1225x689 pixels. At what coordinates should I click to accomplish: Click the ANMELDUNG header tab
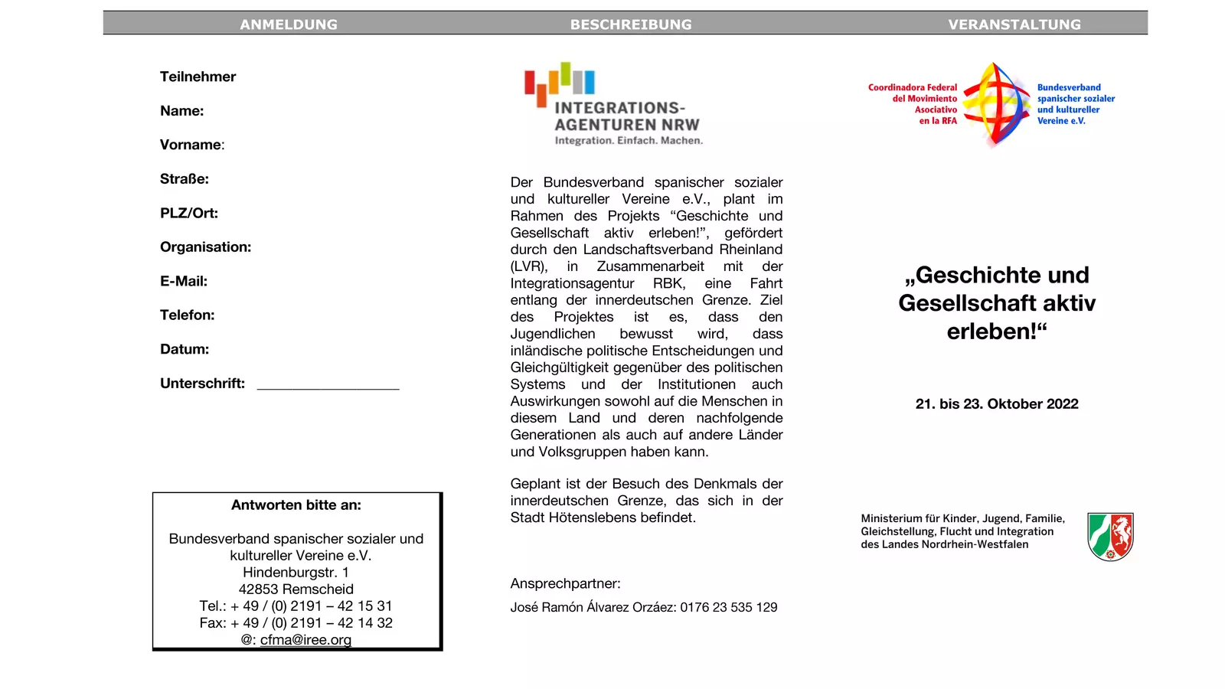pyautogui.click(x=289, y=24)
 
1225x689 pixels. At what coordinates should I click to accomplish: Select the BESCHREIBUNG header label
pyautogui.click(x=631, y=24)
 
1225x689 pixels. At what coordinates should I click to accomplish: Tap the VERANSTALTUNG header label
pyautogui.click(x=1014, y=24)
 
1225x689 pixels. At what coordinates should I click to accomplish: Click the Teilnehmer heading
pyautogui.click(x=198, y=77)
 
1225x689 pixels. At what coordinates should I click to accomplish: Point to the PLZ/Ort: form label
pyautogui.click(x=189, y=213)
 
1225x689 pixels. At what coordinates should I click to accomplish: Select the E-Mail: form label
pyautogui.click(x=184, y=281)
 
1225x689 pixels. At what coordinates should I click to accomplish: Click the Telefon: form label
pyautogui.click(x=188, y=315)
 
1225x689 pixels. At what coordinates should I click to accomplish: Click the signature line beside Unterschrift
pyautogui.click(x=328, y=387)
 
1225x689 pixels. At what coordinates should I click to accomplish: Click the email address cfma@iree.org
pyautogui.click(x=305, y=639)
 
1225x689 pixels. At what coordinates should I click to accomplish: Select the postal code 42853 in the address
pyautogui.click(x=256, y=589)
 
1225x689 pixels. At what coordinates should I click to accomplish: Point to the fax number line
pyautogui.click(x=296, y=622)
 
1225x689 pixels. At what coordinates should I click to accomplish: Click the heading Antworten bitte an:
pyautogui.click(x=296, y=505)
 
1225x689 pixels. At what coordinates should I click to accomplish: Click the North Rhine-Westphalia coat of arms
pyautogui.click(x=1110, y=536)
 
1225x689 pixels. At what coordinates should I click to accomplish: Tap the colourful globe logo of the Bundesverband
pyautogui.click(x=997, y=104)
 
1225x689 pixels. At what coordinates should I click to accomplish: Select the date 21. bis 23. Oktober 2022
pyautogui.click(x=997, y=403)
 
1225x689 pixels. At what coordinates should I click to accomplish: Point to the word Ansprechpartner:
pyautogui.click(x=566, y=583)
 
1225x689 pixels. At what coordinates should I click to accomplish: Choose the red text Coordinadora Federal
pyautogui.click(x=913, y=87)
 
